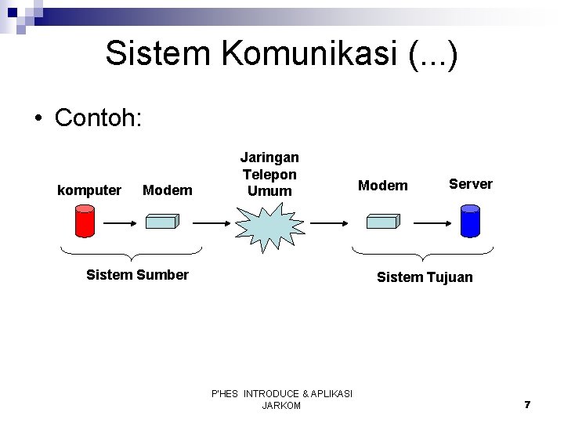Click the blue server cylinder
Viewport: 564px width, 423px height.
pyautogui.click(x=469, y=220)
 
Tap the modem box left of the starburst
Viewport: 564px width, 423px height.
pyautogui.click(x=161, y=221)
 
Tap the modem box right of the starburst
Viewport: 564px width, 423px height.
pyautogui.click(x=383, y=221)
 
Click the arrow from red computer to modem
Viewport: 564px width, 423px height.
pyautogui.click(x=121, y=222)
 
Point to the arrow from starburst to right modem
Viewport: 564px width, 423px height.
pyautogui.click(x=329, y=222)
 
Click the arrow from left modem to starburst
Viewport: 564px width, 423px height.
pyautogui.click(x=212, y=222)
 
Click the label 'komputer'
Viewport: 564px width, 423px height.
pyautogui.click(x=90, y=190)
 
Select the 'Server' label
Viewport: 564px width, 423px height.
pyautogui.click(x=470, y=184)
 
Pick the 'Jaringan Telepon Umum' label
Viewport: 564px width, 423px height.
pyautogui.click(x=270, y=174)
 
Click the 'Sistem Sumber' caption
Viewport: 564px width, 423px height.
pyautogui.click(x=137, y=274)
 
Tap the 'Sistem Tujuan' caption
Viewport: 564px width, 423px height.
pyautogui.click(x=425, y=277)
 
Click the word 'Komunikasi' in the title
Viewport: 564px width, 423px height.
pyautogui.click(x=257, y=53)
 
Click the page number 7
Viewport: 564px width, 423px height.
pyautogui.click(x=527, y=404)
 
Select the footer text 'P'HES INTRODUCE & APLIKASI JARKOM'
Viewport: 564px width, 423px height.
pyautogui.click(x=282, y=399)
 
